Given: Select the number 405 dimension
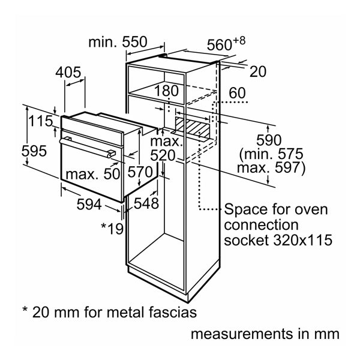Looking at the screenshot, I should pos(68,73).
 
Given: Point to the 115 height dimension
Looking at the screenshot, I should pos(41,121).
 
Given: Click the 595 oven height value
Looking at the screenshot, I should pos(34,151).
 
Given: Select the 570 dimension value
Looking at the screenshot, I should pos(141,172).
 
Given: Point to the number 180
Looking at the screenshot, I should pos(166,91).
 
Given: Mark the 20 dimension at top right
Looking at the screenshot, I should pos(257,72).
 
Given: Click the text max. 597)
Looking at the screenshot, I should pos(268,169).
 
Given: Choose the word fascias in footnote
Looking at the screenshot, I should pos(169,313).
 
